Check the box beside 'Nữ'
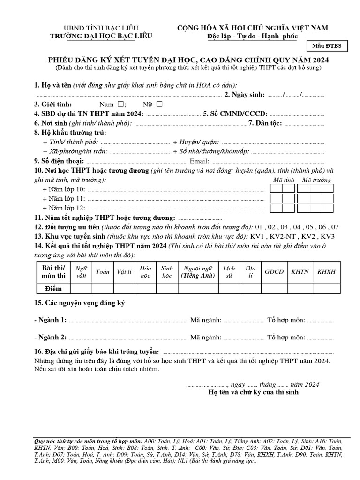(159, 104)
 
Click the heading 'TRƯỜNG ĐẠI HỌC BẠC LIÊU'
(101, 36)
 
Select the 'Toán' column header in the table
(102, 272)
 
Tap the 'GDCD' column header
(274, 272)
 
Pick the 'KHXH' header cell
(327, 272)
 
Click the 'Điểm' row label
(53, 288)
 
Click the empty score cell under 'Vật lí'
(124, 288)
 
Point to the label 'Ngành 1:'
(51, 320)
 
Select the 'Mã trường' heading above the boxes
(316, 180)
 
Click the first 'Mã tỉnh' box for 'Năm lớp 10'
(276, 188)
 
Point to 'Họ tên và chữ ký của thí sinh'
(253, 392)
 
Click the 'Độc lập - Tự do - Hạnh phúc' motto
(252, 37)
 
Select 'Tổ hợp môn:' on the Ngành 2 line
(286, 337)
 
